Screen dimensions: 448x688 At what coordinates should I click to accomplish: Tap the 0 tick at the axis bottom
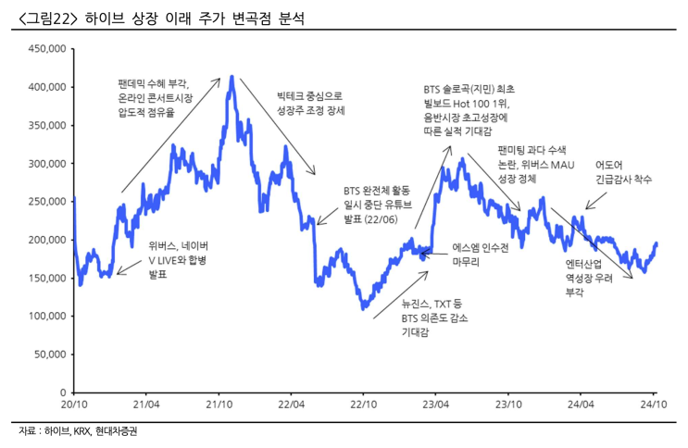tap(60, 392)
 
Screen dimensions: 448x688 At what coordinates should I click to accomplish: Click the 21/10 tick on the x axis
tap(219, 405)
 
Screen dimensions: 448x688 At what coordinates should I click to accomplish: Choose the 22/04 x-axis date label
tap(291, 405)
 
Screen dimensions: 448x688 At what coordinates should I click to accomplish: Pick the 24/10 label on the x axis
tap(654, 405)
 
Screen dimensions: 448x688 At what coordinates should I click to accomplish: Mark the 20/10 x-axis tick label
tap(73, 405)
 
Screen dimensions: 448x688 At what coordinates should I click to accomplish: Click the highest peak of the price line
tap(231, 77)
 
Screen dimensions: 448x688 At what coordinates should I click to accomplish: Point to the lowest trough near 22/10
tap(364, 307)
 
